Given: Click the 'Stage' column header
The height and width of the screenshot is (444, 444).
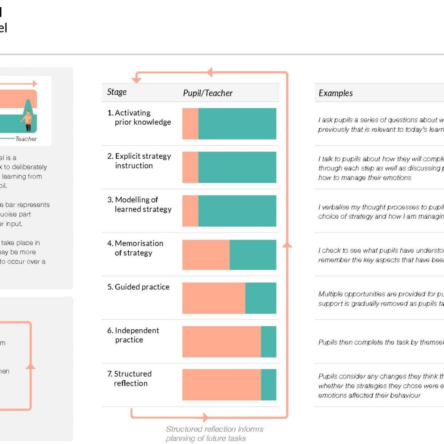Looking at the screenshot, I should tap(117, 92).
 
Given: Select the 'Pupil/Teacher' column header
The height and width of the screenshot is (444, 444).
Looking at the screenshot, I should tap(208, 93).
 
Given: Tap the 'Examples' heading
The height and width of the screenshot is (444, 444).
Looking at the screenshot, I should tap(336, 93).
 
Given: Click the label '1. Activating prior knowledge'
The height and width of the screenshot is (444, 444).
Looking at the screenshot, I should tap(139, 117).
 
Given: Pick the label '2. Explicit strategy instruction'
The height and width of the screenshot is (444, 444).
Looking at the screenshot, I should tap(139, 161).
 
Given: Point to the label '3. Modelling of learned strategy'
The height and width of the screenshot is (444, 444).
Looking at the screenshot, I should tap(139, 204).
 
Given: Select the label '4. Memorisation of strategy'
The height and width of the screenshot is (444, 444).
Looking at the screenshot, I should tap(135, 248).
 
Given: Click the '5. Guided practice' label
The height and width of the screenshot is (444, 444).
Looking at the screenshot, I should tap(138, 287).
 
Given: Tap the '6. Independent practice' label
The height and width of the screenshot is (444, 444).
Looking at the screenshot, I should tap(133, 335).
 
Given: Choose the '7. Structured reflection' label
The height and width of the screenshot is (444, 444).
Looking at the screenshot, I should tap(129, 379).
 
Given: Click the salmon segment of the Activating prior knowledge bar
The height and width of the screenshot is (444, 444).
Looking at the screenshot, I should tap(190, 124).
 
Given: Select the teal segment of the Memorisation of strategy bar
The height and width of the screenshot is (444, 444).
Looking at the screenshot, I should tap(253, 255).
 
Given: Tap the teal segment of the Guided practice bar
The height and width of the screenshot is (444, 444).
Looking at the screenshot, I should tap(260, 298).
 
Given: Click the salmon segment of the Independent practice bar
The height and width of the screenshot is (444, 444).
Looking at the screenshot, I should tap(221, 342).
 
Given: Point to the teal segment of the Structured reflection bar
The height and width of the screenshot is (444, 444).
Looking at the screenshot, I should tap(269, 385).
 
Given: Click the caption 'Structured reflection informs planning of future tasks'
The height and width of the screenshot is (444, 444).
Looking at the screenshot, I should tap(214, 434).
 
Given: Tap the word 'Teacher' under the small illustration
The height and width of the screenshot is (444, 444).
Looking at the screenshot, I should tap(26, 139).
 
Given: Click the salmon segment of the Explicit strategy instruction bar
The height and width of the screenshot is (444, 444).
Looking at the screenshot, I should tap(190, 167).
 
